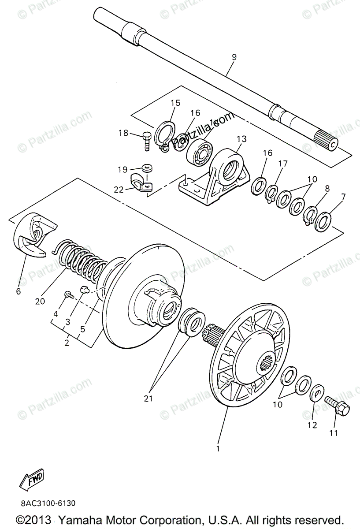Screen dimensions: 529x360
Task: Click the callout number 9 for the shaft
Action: pyautogui.click(x=234, y=57)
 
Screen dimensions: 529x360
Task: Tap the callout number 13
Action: pyautogui.click(x=241, y=140)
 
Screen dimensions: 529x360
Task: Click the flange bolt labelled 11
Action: pyautogui.click(x=338, y=409)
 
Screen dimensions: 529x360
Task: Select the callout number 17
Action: pyautogui.click(x=282, y=164)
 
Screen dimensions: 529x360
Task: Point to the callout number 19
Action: pyautogui.click(x=122, y=169)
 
